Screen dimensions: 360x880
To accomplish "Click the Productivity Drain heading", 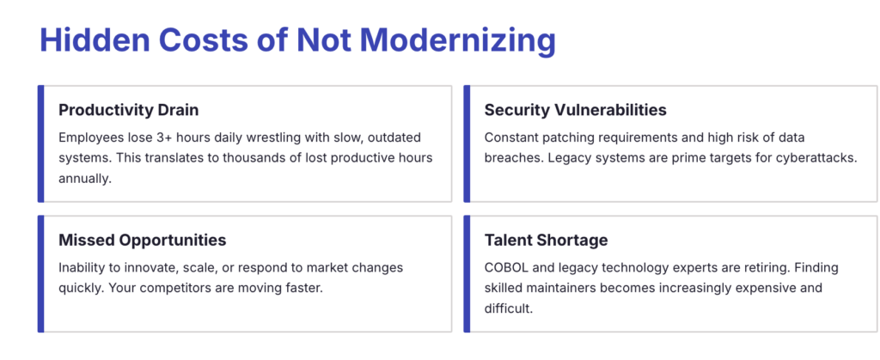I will (129, 110).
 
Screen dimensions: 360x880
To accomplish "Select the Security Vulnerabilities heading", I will (575, 110).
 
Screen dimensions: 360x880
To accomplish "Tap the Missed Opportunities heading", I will (142, 240).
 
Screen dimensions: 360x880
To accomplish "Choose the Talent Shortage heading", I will (546, 240).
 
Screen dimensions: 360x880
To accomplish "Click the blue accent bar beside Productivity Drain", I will (40, 143).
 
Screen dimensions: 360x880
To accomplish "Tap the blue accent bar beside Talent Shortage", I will (467, 273).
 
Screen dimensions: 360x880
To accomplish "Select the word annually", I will (85, 179).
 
